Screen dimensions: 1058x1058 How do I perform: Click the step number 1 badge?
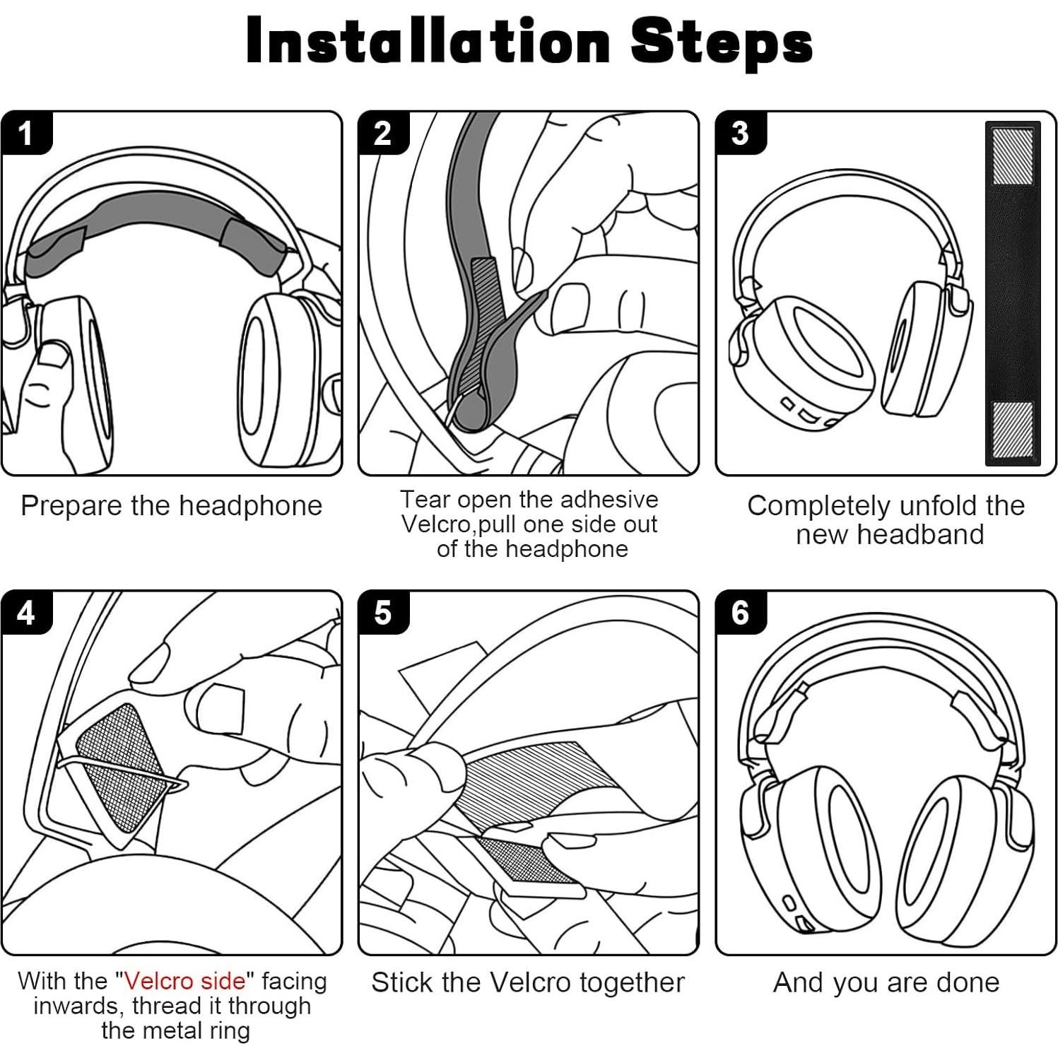pyautogui.click(x=26, y=133)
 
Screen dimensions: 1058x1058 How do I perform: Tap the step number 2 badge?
pyautogui.click(x=382, y=133)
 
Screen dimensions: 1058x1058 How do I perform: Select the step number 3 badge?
pyautogui.click(x=740, y=133)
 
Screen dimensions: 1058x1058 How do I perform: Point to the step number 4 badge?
pyautogui.click(x=26, y=612)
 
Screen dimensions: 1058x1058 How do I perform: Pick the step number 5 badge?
pyautogui.click(x=382, y=612)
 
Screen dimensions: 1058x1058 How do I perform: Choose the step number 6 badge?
pyautogui.click(x=740, y=612)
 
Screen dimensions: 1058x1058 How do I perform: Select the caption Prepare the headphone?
pyautogui.click(x=171, y=506)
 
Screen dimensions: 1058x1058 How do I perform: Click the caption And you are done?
pyautogui.click(x=886, y=982)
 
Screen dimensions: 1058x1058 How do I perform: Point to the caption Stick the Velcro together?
pyautogui.click(x=528, y=982)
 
